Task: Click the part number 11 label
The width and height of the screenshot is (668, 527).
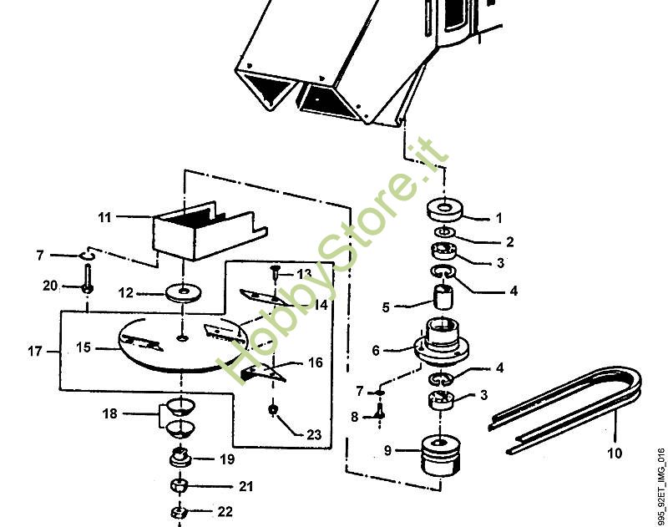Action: [x=104, y=218]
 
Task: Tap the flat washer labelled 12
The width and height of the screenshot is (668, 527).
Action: [x=179, y=293]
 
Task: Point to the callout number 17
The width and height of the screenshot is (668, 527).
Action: [x=34, y=352]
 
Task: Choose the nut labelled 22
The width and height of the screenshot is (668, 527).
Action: [x=178, y=512]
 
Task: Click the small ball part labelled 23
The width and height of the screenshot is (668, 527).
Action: [x=273, y=409]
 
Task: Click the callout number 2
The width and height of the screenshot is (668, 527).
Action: [x=509, y=242]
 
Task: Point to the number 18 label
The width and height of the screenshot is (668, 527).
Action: [x=110, y=413]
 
